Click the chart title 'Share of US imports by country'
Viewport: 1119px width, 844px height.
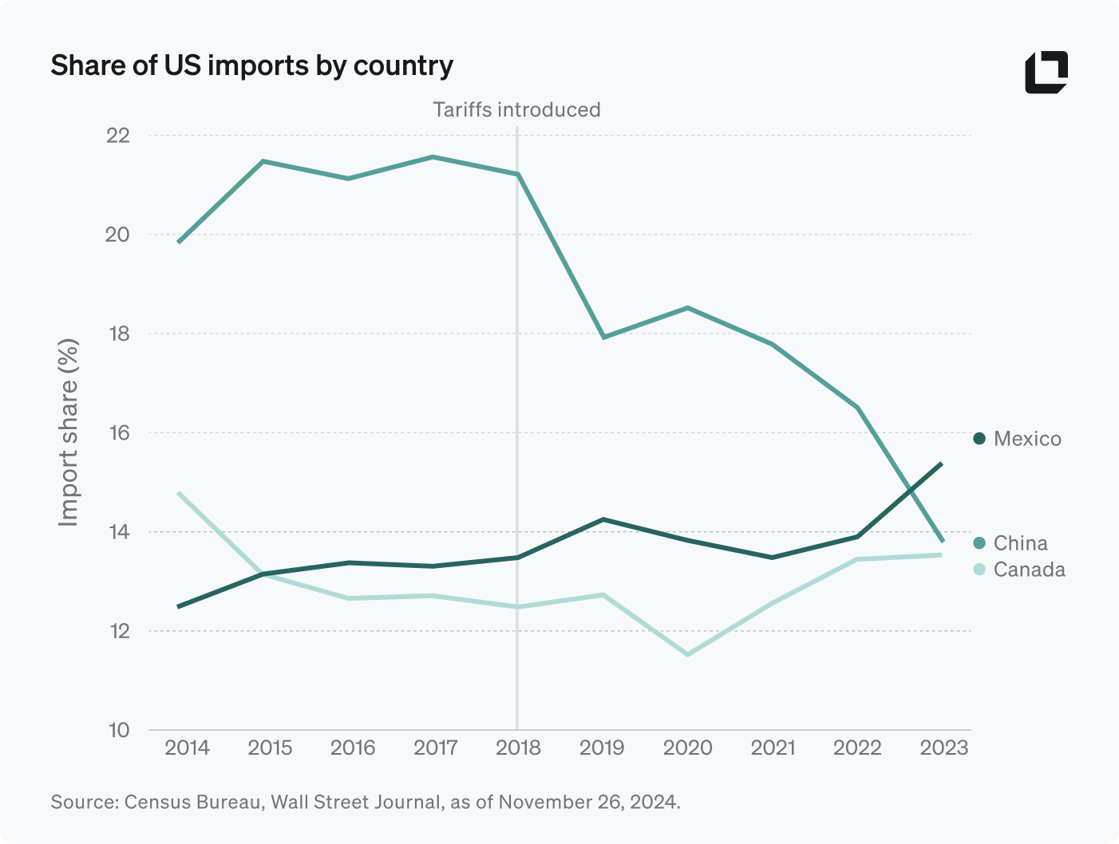pyautogui.click(x=251, y=65)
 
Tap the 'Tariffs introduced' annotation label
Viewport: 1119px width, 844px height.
pyautogui.click(x=516, y=110)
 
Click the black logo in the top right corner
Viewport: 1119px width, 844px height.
pyautogui.click(x=1046, y=73)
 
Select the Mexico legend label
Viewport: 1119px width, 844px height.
pyautogui.click(x=1026, y=439)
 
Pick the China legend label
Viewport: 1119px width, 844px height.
pyautogui.click(x=1019, y=543)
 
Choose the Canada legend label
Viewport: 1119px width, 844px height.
pyautogui.click(x=1028, y=570)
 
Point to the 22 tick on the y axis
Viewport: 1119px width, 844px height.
pyautogui.click(x=118, y=136)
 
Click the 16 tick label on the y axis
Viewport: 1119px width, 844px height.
pyautogui.click(x=118, y=433)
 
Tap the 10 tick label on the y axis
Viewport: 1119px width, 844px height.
pyautogui.click(x=118, y=730)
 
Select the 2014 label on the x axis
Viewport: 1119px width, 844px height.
pyautogui.click(x=187, y=748)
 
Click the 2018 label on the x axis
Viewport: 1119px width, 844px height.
pyautogui.click(x=518, y=748)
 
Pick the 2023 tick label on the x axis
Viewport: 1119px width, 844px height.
pyautogui.click(x=943, y=748)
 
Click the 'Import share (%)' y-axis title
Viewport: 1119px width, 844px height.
pyautogui.click(x=69, y=432)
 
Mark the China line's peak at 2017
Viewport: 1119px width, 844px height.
pyautogui.click(x=433, y=157)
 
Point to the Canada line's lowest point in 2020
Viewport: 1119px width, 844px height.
pyautogui.click(x=687, y=655)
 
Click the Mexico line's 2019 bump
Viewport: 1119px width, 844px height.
pyautogui.click(x=603, y=519)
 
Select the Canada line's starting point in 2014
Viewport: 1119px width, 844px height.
pyautogui.click(x=179, y=493)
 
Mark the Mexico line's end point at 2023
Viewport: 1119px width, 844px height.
pyautogui.click(x=942, y=463)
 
